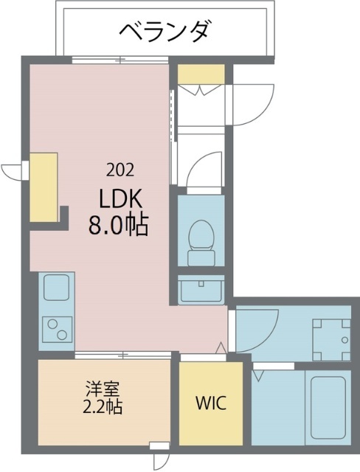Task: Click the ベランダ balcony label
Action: pyautogui.click(x=165, y=31)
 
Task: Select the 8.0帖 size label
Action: pyautogui.click(x=119, y=224)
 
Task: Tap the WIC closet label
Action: pyautogui.click(x=210, y=403)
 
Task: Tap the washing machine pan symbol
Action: pyautogui.click(x=330, y=337)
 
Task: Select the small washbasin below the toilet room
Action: pyautogui.click(x=201, y=290)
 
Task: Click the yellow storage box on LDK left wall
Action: pyautogui.click(x=44, y=187)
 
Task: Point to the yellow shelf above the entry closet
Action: pyautogui.click(x=200, y=74)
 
